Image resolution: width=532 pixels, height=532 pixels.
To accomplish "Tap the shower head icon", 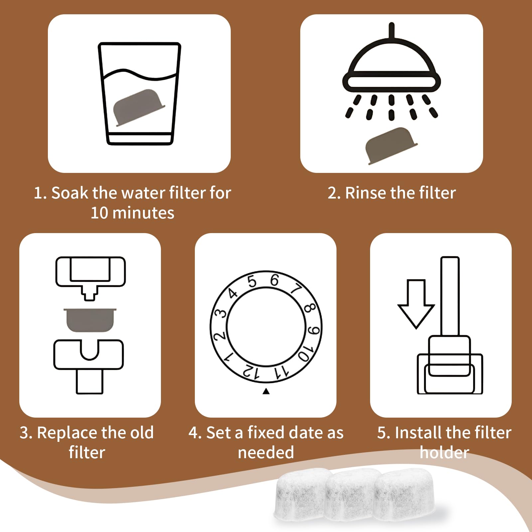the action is [x=391, y=71].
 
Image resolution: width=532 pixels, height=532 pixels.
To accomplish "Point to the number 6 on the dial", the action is [x=274, y=280].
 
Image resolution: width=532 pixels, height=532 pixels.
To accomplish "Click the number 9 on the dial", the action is [x=314, y=330].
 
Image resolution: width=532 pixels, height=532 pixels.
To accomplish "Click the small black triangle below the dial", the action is [x=266, y=391].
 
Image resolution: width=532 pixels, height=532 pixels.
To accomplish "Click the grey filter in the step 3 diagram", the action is [x=90, y=320].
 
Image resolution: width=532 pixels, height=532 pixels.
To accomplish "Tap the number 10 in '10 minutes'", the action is [x=99, y=213].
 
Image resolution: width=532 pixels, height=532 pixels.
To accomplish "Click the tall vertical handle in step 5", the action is [x=450, y=296].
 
